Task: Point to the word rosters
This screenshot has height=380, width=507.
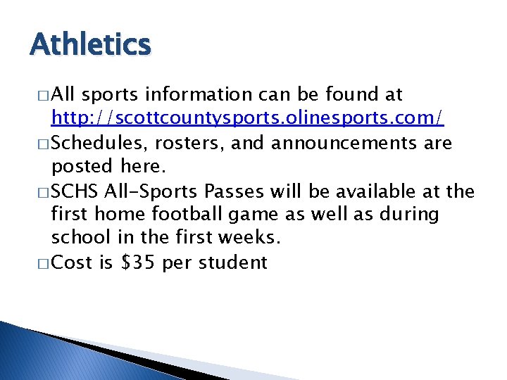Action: pyautogui.click(x=182, y=144)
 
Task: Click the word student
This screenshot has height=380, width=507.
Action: pyautogui.click(x=233, y=263)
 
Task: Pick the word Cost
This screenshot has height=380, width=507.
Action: pyautogui.click(x=73, y=263)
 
